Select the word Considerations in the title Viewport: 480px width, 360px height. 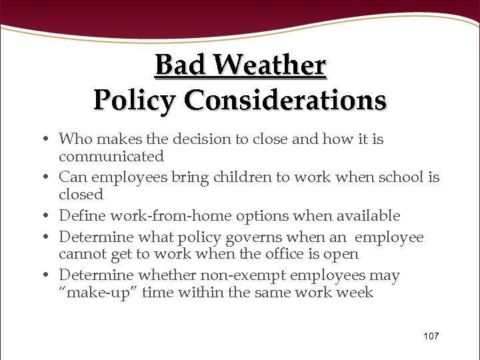[x=285, y=100]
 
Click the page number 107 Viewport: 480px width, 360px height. [x=431, y=336]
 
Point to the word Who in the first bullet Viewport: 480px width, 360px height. [x=74, y=139]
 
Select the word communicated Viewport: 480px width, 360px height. [x=111, y=157]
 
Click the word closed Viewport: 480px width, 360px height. [x=81, y=195]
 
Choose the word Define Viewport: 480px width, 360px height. [x=81, y=216]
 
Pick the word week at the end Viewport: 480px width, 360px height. [x=355, y=293]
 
